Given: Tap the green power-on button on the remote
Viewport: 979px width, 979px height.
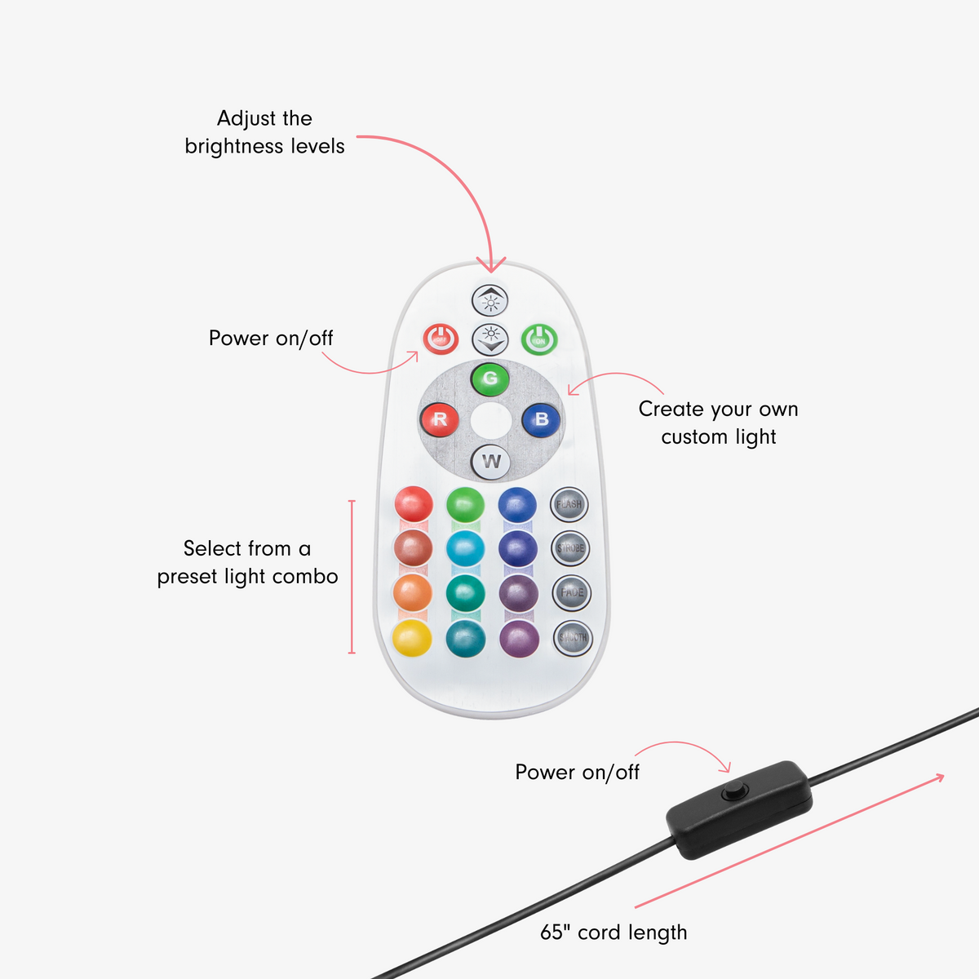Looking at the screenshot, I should [x=539, y=339].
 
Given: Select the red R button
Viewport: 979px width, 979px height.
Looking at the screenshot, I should [x=440, y=420].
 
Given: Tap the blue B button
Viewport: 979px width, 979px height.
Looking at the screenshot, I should [x=540, y=420].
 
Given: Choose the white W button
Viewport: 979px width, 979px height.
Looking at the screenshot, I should [x=491, y=462].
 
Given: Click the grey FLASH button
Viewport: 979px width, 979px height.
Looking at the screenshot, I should [x=569, y=504].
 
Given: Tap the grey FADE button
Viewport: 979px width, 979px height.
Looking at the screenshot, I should [x=572, y=592].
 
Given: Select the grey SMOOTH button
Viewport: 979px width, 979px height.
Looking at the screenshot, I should [x=573, y=637].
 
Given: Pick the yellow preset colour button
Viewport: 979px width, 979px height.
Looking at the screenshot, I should [x=413, y=638].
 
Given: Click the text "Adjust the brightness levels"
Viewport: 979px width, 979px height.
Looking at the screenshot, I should [x=264, y=132].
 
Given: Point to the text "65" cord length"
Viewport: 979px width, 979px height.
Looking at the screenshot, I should [x=614, y=932].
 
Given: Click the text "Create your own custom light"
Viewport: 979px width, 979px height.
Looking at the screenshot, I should [x=718, y=423].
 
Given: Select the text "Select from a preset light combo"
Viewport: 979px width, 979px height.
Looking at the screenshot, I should [x=247, y=562].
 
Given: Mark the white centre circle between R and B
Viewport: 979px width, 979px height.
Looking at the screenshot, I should [x=490, y=420].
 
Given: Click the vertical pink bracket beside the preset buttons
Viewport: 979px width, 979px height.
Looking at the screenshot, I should [x=352, y=577].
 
